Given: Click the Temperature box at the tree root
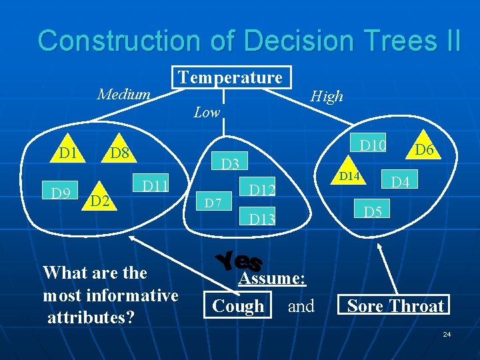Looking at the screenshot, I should click(231, 78).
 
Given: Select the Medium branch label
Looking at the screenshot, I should click(124, 94).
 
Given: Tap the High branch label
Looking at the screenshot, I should click(327, 96).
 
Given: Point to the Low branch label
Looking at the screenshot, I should click(207, 113).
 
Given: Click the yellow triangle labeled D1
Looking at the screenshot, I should click(67, 153).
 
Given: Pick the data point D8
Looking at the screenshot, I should click(120, 154).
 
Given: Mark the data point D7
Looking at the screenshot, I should click(213, 200).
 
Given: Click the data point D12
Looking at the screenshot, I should click(262, 191).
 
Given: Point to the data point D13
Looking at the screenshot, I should click(262, 218).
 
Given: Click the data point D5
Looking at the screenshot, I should click(373, 213).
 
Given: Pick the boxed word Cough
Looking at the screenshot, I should click(238, 306).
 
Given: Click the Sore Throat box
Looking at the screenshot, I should click(395, 306).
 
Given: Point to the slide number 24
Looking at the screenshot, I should click(447, 333).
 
